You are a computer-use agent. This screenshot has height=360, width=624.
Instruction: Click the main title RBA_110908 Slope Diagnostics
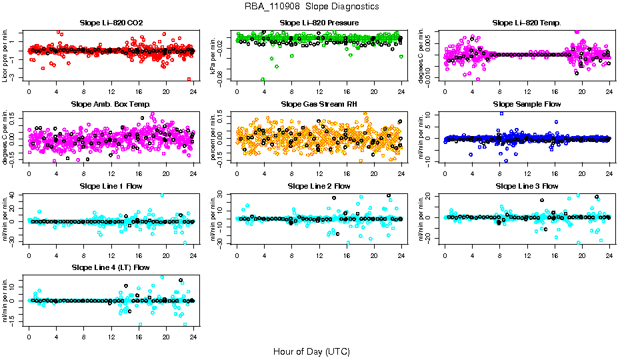pos(311,6)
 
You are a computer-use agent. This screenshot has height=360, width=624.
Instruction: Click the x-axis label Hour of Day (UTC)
pos(311,351)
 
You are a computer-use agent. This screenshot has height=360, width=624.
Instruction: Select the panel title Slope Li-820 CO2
pos(111,23)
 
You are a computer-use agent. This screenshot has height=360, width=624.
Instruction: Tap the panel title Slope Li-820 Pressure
pos(319,23)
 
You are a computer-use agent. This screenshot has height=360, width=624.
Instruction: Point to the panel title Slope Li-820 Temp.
pos(527,23)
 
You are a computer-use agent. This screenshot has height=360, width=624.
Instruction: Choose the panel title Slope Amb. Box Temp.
pos(111,104)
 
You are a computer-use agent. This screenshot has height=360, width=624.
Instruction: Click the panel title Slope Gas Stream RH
pos(319,104)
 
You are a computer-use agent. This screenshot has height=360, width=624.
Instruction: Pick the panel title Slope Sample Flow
pos(527,104)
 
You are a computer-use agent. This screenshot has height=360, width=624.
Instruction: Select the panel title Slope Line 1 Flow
pos(111,186)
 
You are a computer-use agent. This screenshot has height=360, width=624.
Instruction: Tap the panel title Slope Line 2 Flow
pos(319,186)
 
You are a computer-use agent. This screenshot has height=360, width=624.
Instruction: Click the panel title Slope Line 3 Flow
pos(527,186)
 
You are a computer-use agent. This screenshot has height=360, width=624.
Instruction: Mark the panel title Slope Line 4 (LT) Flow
pos(111,267)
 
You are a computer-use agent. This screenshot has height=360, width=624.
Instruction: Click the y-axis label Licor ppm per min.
pos(5,55)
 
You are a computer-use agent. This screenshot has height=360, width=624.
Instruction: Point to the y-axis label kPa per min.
pos(213,55)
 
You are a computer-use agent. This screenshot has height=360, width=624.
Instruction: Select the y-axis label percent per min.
pos(213,137)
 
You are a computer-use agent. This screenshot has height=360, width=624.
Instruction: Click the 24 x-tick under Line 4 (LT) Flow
pos(193,337)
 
